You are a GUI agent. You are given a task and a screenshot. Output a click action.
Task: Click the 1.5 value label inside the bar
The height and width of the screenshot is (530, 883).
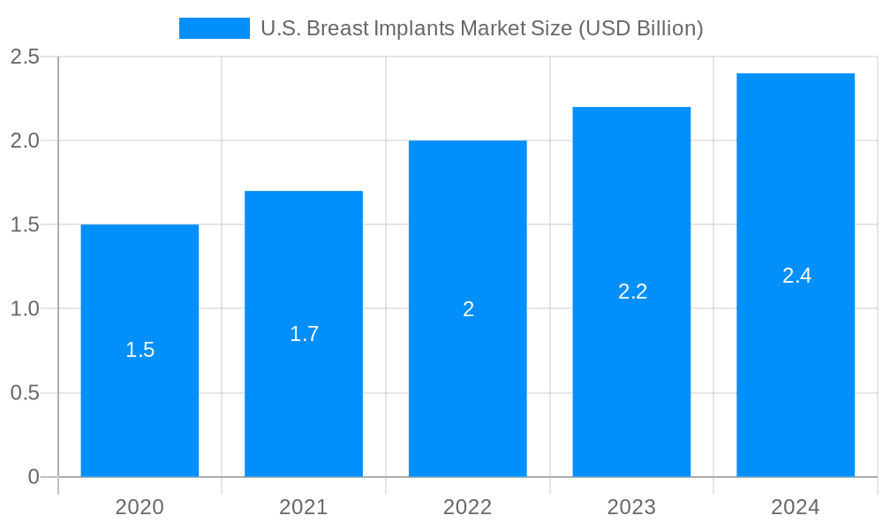pos(140,350)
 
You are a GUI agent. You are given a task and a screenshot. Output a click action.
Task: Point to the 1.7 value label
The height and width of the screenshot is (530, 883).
pos(304,334)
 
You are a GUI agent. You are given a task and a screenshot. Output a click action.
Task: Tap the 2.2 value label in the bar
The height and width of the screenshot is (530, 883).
pos(632,291)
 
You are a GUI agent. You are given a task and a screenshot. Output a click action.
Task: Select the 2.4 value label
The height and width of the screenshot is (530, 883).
pos(796,276)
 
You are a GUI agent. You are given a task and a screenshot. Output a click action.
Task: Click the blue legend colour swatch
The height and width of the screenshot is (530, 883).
pos(215,28)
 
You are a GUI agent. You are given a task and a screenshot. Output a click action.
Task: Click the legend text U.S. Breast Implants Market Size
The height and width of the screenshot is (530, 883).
pos(481,28)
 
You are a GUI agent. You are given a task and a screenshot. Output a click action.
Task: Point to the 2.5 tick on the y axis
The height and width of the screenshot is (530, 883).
pos(25,57)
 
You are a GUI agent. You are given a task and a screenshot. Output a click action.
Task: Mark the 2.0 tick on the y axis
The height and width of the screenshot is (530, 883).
pos(25,140)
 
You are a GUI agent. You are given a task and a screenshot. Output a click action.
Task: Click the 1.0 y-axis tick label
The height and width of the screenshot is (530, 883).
pos(25,309)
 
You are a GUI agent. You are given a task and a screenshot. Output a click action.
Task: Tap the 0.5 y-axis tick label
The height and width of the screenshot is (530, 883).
pos(25,393)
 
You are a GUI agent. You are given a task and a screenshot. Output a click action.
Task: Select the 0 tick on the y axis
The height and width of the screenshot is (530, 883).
pos(34,477)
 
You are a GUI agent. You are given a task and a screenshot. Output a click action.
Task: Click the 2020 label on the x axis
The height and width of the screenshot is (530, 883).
pos(140,507)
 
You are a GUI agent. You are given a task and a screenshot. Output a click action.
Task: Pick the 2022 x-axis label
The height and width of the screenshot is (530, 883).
pos(468,507)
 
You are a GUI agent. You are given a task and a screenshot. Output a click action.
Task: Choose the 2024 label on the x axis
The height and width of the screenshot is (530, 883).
pos(796,507)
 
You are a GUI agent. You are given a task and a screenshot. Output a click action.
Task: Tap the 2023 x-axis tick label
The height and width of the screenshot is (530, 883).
pos(631,507)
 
